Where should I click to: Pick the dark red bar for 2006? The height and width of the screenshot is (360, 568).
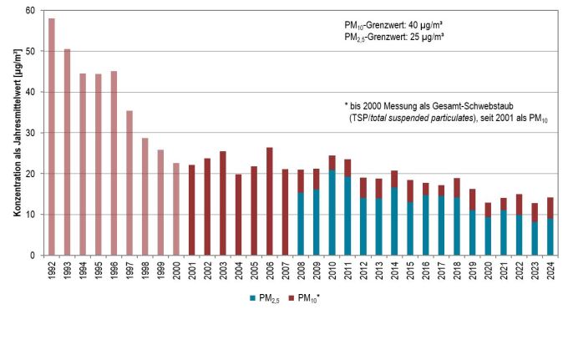click(x=269, y=201)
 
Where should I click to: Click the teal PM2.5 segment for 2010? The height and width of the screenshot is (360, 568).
click(x=332, y=213)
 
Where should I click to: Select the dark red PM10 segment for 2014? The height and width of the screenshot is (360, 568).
click(x=394, y=179)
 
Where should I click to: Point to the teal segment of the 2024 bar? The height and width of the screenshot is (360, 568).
click(x=549, y=236)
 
